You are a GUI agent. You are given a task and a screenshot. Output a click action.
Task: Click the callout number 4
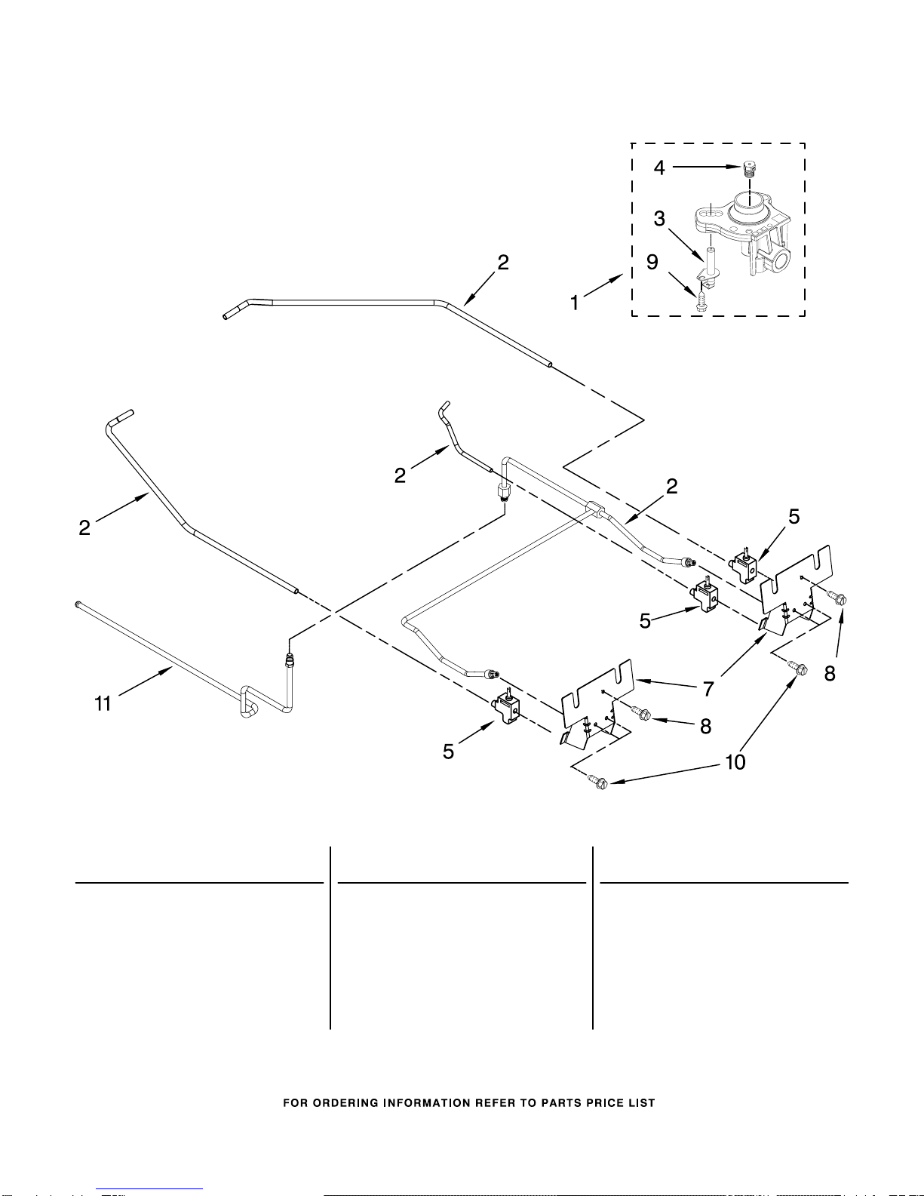(659, 168)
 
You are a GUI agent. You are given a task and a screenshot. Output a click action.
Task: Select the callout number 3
(659, 219)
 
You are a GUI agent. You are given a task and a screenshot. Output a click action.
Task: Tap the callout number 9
(652, 262)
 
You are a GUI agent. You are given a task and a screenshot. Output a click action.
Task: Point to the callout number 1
(575, 303)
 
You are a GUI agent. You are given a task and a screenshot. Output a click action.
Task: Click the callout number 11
(103, 703)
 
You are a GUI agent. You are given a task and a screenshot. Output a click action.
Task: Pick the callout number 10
(735, 762)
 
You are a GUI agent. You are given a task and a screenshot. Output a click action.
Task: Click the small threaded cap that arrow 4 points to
(747, 168)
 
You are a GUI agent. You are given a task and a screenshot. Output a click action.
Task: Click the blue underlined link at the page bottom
(149, 1190)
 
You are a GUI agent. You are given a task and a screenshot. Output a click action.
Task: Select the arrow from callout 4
(707, 166)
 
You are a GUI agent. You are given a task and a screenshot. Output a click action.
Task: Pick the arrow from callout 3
(686, 245)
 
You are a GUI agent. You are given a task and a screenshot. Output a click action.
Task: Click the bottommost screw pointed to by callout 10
(598, 781)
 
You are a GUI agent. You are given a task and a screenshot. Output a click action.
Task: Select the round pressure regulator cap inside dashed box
(748, 204)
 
